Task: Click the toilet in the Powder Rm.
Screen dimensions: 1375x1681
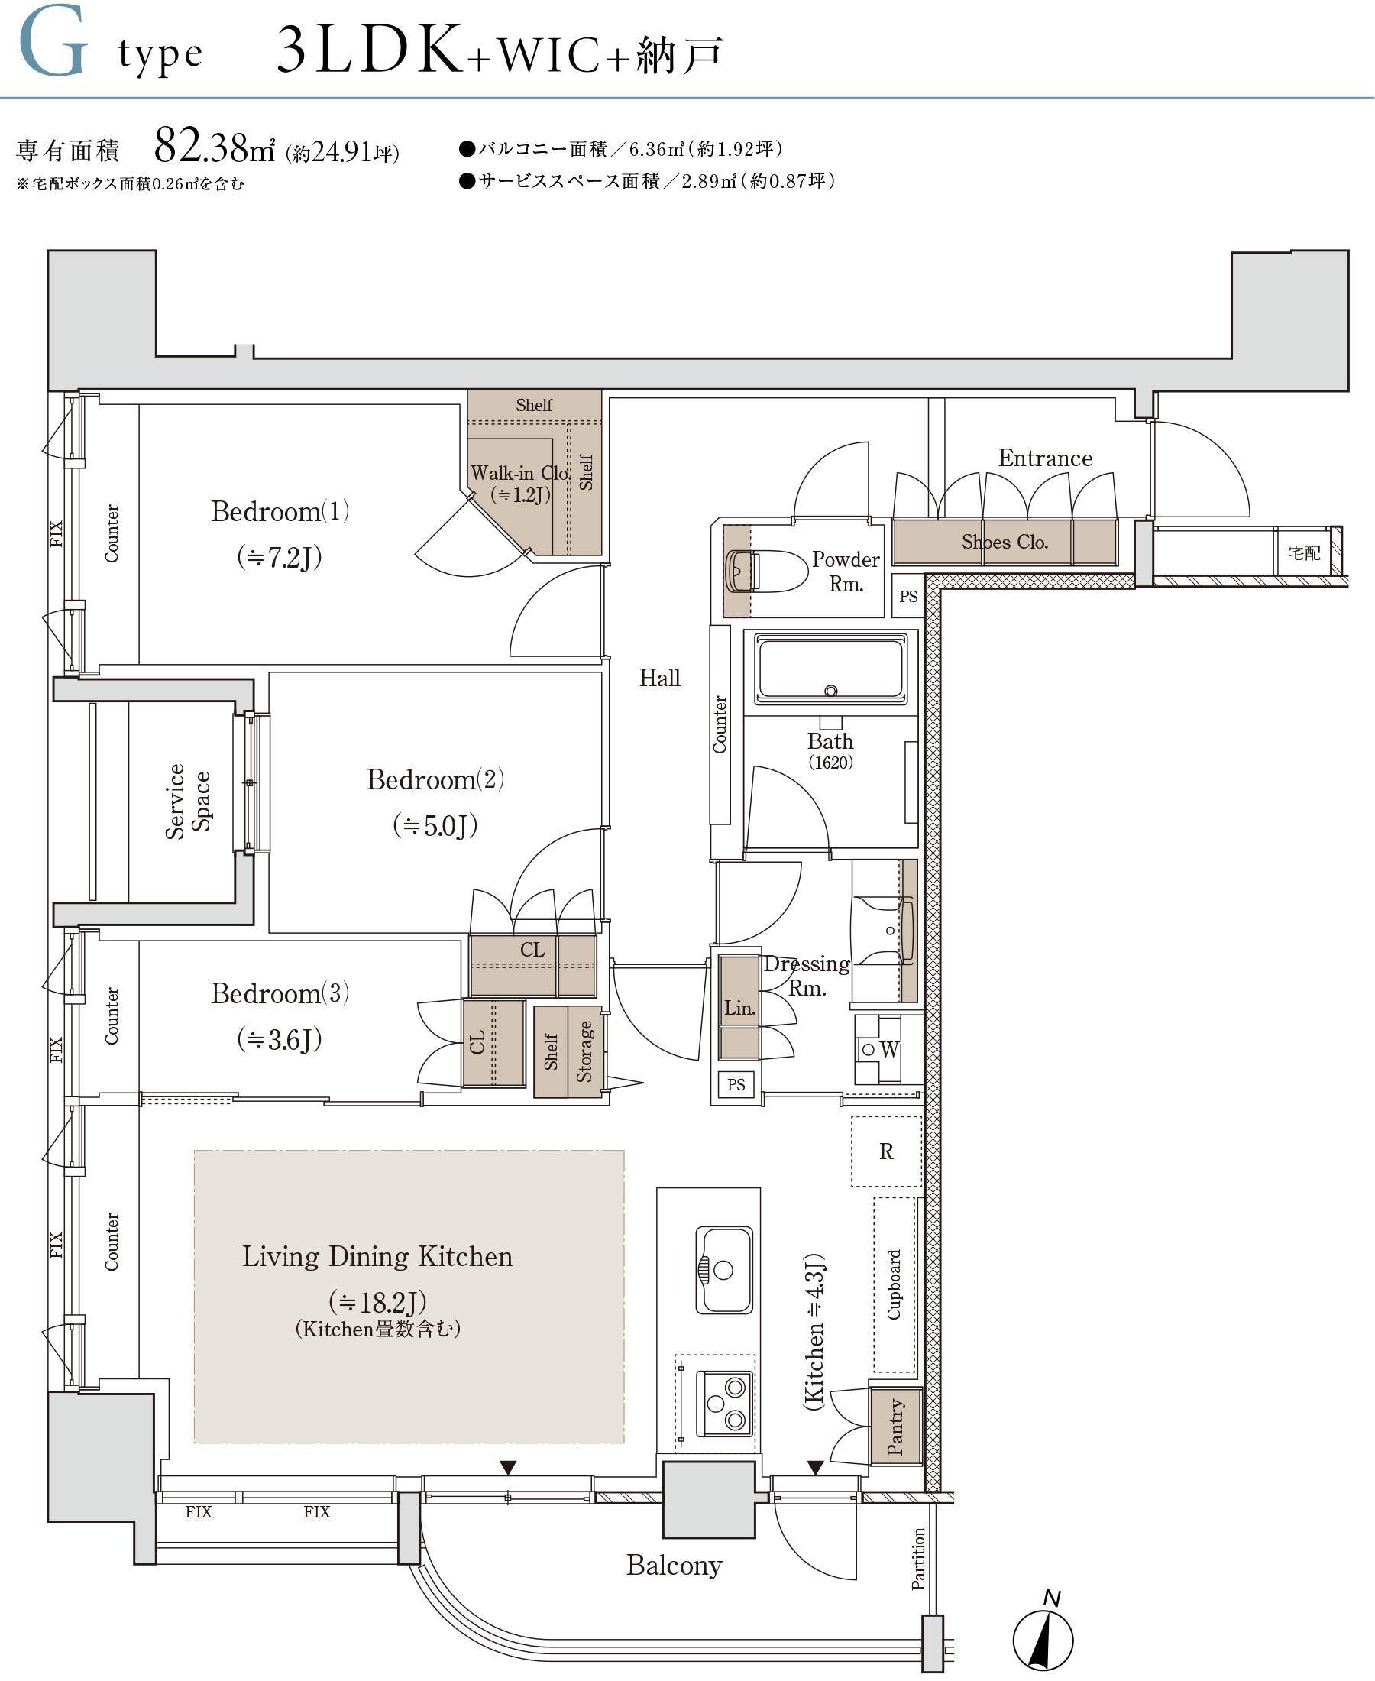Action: pyautogui.click(x=765, y=572)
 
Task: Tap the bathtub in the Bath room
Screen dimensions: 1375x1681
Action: pyautogui.click(x=830, y=669)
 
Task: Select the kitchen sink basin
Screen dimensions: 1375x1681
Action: pyautogui.click(x=724, y=1270)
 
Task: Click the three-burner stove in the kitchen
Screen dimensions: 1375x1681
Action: pyautogui.click(x=724, y=1404)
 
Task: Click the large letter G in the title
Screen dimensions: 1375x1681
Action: pyautogui.click(x=53, y=41)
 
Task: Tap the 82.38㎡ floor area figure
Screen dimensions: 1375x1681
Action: pyautogui.click(x=214, y=146)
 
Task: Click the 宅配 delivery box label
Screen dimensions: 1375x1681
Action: pyautogui.click(x=1304, y=553)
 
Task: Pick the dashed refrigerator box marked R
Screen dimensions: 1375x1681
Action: pyautogui.click(x=886, y=1151)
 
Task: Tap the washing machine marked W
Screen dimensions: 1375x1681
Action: pyautogui.click(x=878, y=1050)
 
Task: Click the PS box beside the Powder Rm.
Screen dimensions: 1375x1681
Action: pyautogui.click(x=908, y=596)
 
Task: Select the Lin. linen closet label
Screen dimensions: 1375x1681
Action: pyautogui.click(x=739, y=1008)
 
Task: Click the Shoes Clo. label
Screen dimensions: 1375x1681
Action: pyautogui.click(x=1005, y=542)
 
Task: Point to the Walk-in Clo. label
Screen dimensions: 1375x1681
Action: pyautogui.click(x=520, y=473)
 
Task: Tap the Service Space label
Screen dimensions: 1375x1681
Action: pyautogui.click(x=188, y=801)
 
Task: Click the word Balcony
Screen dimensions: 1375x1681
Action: pyautogui.click(x=674, y=1566)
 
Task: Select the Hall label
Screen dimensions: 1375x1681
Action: pyautogui.click(x=660, y=677)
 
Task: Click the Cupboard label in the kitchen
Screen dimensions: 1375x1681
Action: pyautogui.click(x=894, y=1284)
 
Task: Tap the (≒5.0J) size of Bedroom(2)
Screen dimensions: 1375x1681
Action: pyautogui.click(x=435, y=825)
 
